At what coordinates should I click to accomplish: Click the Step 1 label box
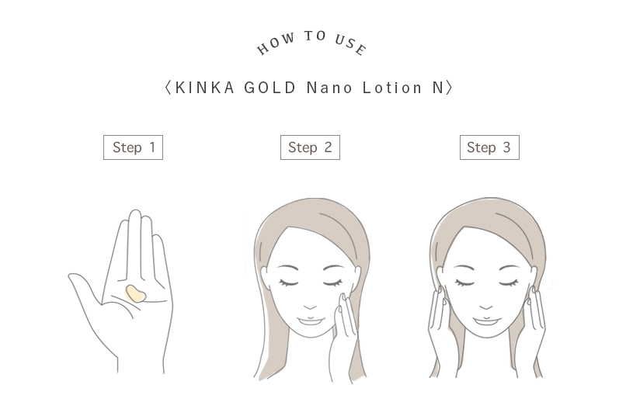click(x=133, y=147)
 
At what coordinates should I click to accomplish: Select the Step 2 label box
click(x=310, y=147)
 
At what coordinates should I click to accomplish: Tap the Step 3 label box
click(x=489, y=147)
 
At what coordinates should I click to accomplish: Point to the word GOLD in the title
click(x=270, y=88)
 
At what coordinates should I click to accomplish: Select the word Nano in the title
click(x=330, y=88)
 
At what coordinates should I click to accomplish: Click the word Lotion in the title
click(x=392, y=88)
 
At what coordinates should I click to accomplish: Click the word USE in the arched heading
click(x=350, y=44)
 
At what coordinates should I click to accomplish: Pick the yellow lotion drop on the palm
click(x=136, y=293)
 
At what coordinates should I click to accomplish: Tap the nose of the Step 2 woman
click(x=310, y=307)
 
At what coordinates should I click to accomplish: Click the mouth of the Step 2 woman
click(x=310, y=321)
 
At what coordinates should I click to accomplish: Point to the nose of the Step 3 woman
click(x=486, y=307)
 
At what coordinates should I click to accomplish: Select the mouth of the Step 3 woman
click(x=486, y=321)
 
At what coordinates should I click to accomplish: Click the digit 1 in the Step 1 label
click(x=152, y=147)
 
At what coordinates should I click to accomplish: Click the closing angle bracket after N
click(x=450, y=88)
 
